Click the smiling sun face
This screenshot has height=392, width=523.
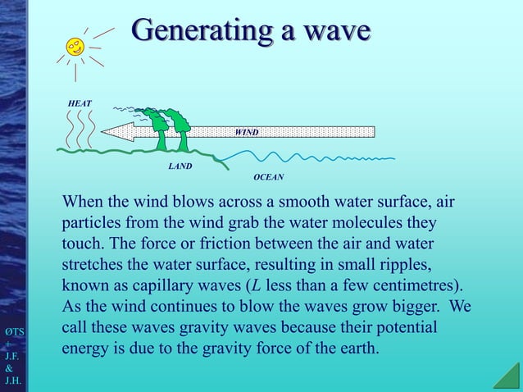76,46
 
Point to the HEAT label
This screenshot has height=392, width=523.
80,103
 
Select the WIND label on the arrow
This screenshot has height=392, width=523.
247,131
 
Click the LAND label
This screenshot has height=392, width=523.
180,166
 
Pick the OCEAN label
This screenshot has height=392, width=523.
268,176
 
